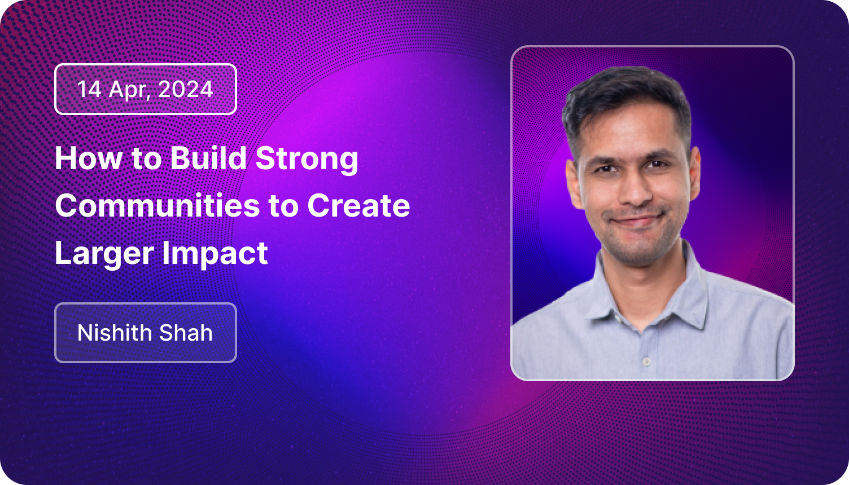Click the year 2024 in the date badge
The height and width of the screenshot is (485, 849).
[185, 89]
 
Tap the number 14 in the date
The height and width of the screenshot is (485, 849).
[89, 89]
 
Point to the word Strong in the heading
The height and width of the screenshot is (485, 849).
[307, 160]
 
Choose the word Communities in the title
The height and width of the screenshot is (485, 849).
[157, 206]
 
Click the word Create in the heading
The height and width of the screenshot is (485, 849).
[358, 206]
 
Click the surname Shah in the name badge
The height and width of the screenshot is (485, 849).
[186, 332]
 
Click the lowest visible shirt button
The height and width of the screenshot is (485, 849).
[646, 362]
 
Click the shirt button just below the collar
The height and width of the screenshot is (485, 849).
[617, 320]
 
